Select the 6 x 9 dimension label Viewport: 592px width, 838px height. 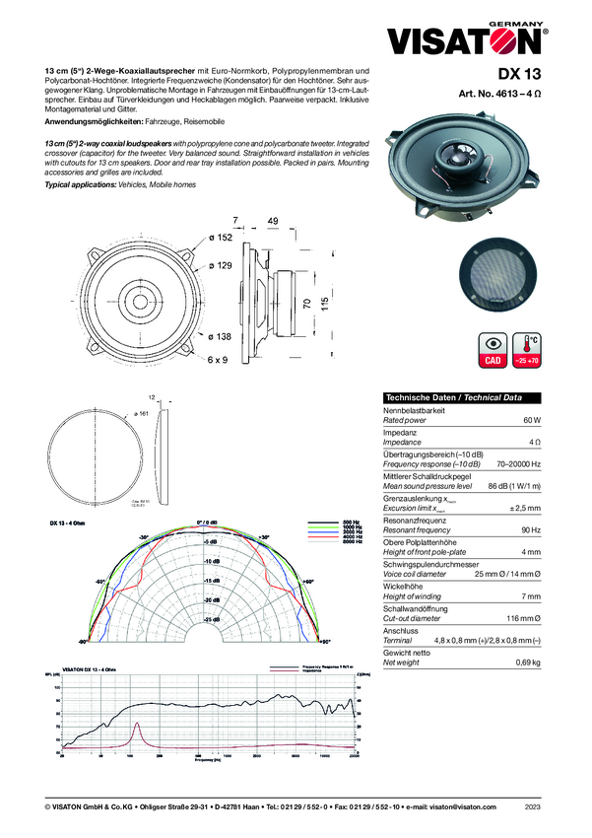(x=218, y=360)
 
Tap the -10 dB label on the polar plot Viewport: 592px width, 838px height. (x=209, y=561)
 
